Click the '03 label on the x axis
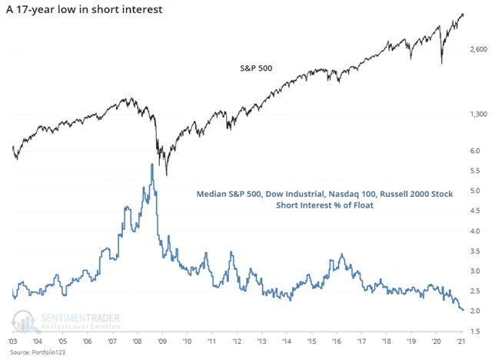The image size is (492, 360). pos(14,342)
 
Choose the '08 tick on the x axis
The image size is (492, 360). pos(135,342)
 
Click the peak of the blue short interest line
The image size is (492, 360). pos(151,165)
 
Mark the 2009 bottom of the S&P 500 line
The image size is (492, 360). pos(167,175)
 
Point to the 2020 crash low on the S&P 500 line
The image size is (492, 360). pos(441,63)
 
